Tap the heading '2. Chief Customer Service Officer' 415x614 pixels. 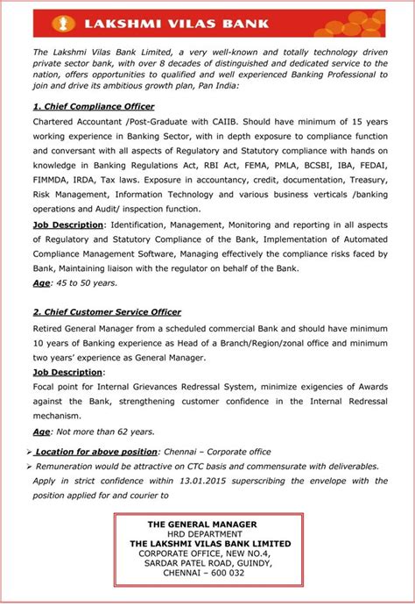[107, 311]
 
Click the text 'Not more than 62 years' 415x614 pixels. [105, 432]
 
